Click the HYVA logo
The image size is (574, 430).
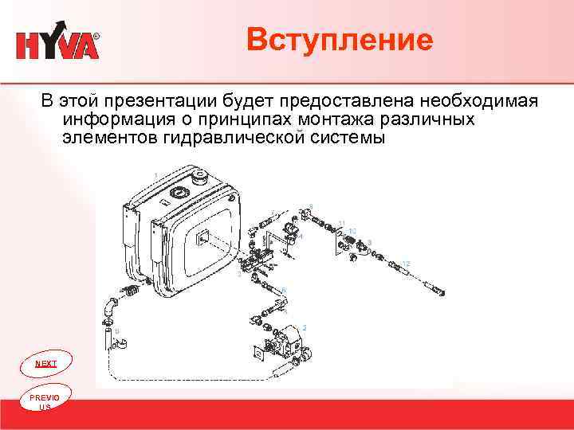pyautogui.click(x=58, y=45)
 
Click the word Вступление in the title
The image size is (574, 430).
pyautogui.click(x=340, y=40)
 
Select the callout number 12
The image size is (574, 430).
pyautogui.click(x=407, y=263)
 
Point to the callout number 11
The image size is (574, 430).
pyautogui.click(x=341, y=223)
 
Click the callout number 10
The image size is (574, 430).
pyautogui.click(x=352, y=231)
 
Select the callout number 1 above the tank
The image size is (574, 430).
pyautogui.click(x=155, y=174)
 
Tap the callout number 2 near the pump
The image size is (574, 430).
pyautogui.click(x=304, y=328)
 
